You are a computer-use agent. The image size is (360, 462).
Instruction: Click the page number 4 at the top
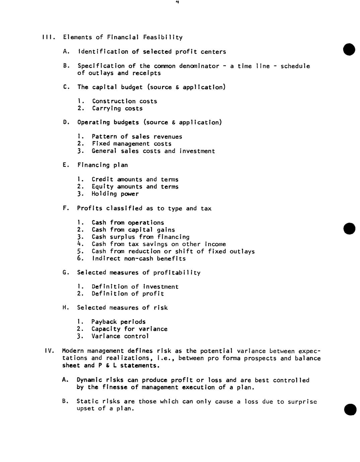click(x=177, y=2)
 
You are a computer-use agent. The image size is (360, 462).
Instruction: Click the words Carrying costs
click(x=117, y=108)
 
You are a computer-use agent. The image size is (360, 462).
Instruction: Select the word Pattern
click(x=102, y=137)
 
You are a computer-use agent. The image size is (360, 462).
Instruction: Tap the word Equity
click(x=102, y=187)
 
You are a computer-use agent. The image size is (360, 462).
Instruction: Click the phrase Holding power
click(x=115, y=194)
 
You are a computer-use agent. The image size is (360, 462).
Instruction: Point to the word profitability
click(x=177, y=273)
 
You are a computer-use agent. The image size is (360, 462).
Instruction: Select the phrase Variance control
click(x=120, y=336)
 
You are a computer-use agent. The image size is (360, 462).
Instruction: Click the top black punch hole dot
click(x=349, y=50)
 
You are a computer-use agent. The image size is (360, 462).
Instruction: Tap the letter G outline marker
click(x=66, y=273)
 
